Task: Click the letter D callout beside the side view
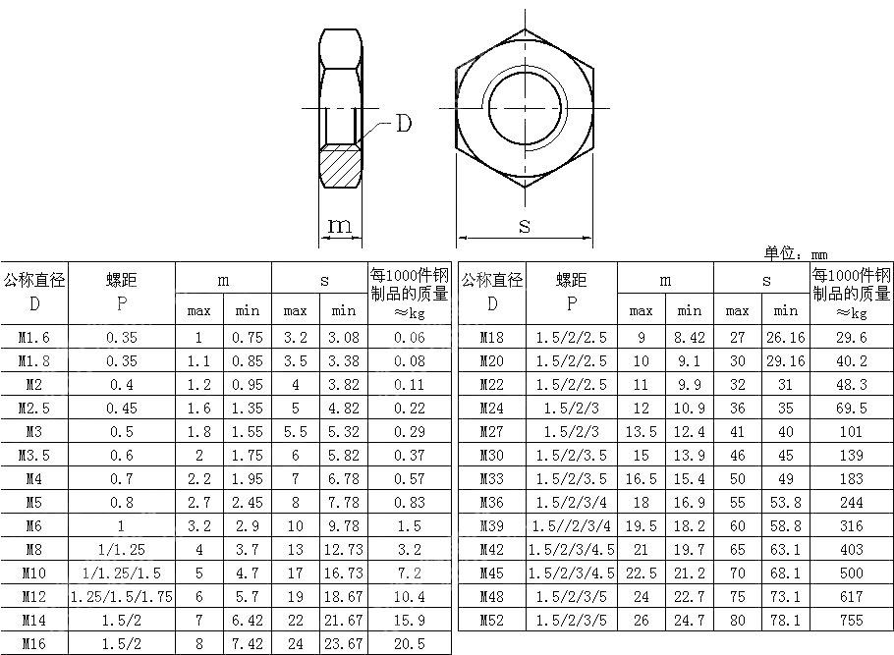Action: tap(403, 123)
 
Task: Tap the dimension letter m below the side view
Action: tap(340, 226)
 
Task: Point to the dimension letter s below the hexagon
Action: tap(525, 226)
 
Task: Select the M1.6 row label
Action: tap(34, 338)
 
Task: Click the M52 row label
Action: tap(491, 621)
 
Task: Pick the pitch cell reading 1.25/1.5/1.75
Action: tap(122, 597)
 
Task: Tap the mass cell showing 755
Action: tap(851, 621)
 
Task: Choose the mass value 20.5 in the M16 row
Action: tap(410, 643)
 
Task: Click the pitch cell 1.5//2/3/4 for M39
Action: tap(572, 526)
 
